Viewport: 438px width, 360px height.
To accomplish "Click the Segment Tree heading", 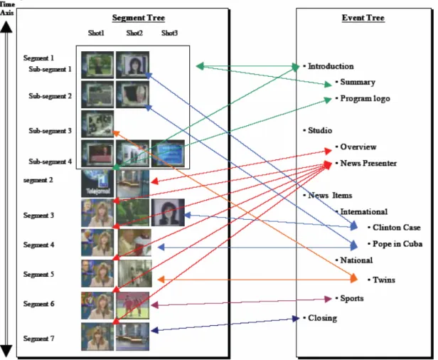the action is point(138,18).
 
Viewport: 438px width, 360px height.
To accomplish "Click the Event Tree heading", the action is point(363,18).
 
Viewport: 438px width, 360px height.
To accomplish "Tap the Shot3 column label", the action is point(169,33).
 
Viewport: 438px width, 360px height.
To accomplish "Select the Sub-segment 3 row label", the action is point(50,131).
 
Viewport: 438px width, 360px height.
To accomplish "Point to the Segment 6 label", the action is point(38,304).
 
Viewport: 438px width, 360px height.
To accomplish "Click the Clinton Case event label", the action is point(396,228).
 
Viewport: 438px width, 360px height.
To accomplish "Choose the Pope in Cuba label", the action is point(397,244).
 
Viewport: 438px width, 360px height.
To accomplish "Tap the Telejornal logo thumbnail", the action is point(97,184).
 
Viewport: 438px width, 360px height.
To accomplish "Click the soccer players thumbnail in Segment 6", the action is point(133,305).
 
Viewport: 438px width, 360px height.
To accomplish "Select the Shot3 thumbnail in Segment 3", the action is point(168,213).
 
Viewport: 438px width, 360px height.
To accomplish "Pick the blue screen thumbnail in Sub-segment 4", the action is point(168,154).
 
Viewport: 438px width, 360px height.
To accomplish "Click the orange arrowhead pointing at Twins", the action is point(353,278).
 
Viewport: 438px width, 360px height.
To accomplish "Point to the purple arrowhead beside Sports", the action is point(328,299).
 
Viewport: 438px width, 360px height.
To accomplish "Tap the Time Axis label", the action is point(7,9).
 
